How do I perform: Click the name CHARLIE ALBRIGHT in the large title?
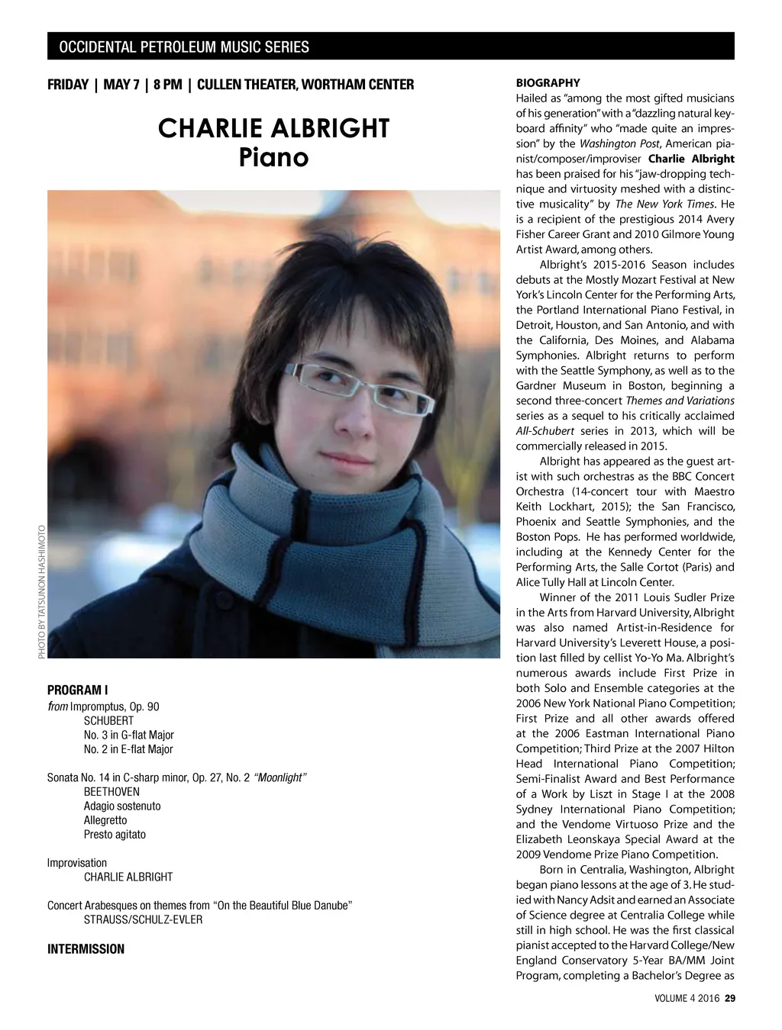[273, 128]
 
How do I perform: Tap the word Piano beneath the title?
[273, 157]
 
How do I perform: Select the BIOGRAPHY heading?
[548, 82]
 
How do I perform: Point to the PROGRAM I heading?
[78, 690]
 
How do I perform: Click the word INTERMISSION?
[86, 949]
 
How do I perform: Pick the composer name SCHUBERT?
[108, 721]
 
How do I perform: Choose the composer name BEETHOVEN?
[111, 792]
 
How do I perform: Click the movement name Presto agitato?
[115, 835]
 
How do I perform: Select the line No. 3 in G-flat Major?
[129, 735]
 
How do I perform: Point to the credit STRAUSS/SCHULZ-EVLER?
[143, 920]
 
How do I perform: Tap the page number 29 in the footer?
[729, 999]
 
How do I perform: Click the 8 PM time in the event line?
[166, 84]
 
